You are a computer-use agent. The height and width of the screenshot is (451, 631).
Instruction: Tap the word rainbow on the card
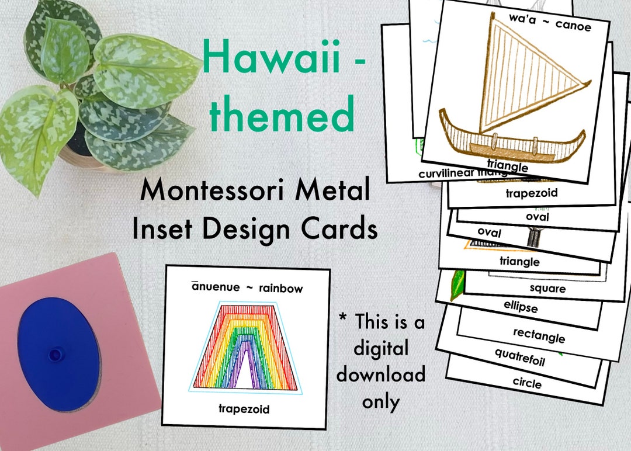pos(281,288)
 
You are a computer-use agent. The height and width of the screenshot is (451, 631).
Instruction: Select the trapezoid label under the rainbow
pos(244,409)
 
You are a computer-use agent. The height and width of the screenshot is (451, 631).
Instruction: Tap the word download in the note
pos(380,374)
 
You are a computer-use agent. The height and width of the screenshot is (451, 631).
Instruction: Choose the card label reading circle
pos(526,383)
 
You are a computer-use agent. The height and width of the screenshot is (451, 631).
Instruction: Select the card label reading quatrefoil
pos(519,357)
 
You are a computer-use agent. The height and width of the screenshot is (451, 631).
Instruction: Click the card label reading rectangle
pos(539,335)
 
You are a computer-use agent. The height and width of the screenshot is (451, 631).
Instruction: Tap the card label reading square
pos(547,288)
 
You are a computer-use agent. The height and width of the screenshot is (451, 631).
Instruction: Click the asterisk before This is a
pos(344,320)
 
